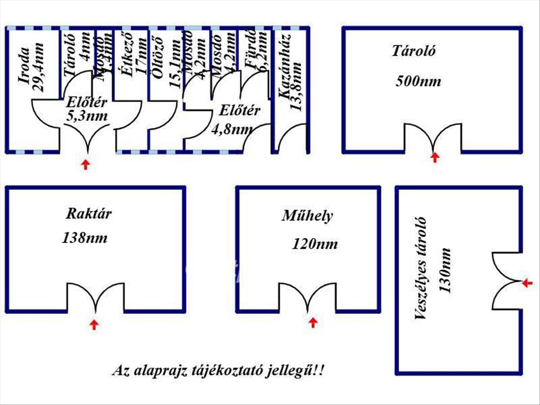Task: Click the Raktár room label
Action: [x=89, y=213]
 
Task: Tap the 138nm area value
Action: [x=85, y=238]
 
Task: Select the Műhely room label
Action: [x=307, y=216]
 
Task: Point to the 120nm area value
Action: [x=315, y=244]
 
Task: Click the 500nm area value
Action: [x=418, y=81]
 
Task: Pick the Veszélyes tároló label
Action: [x=421, y=269]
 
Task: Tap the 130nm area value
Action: [x=445, y=270]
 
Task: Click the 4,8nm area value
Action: [x=232, y=130]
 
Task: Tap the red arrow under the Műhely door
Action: [x=313, y=322]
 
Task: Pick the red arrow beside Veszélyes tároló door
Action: [x=527, y=283]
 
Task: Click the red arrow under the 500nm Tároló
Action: [x=435, y=157]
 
